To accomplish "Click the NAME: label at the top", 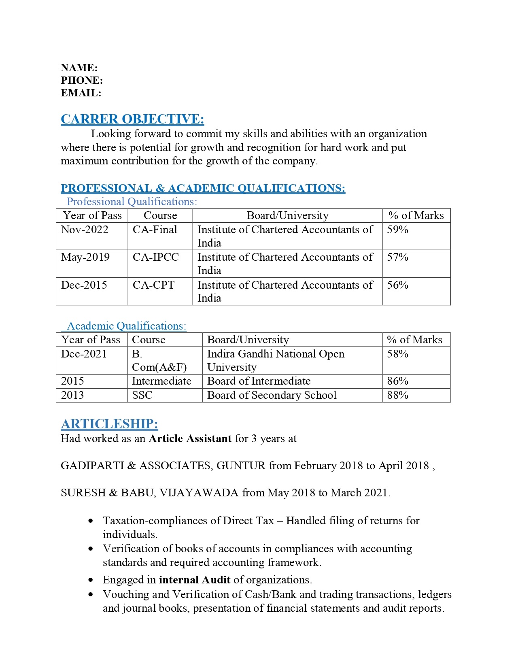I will pos(79,68).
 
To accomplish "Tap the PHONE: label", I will pos(82,80).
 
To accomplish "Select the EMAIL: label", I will pos(81,93).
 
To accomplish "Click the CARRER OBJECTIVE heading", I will pos(132,119).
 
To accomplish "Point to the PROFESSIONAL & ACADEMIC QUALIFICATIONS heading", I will pos(203,188).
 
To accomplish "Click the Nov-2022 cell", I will pos(85,230).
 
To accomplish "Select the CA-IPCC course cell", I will pos(156,257).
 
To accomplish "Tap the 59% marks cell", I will pos(397,230).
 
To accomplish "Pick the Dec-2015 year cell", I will pos(84,285).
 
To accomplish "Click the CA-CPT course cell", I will pos(153,285).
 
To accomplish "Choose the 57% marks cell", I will pos(397,257).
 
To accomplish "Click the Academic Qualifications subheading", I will pos(126,326).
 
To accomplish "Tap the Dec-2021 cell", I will pos(84,354).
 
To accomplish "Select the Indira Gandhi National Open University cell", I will pos(276,360).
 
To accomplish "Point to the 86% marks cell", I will pos(397,381).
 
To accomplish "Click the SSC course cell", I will pos(142,395).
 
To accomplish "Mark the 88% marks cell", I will pos(397,395).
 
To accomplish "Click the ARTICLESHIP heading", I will pos(109,424).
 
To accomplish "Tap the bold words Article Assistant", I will pos(190,438).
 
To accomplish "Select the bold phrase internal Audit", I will pos(195,580).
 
